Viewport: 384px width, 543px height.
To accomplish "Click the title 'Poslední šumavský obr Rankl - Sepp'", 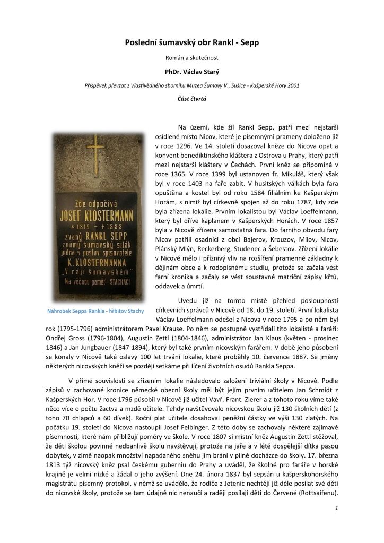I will tap(191, 42).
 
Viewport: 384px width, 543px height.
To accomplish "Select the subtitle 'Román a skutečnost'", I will tap(191, 57).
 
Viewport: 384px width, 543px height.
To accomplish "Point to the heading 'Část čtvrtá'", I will tap(191, 99).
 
